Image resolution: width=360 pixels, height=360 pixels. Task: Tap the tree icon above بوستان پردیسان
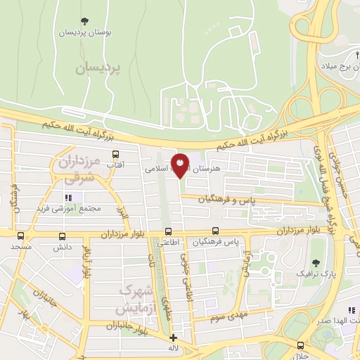[85, 21]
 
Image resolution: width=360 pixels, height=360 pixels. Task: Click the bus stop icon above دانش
[63, 237]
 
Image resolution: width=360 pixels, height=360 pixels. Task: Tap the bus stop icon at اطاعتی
[167, 232]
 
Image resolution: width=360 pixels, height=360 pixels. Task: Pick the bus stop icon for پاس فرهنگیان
[215, 231]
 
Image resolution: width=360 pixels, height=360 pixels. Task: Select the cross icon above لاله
[174, 337]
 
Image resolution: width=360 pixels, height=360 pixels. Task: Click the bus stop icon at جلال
[300, 345]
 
